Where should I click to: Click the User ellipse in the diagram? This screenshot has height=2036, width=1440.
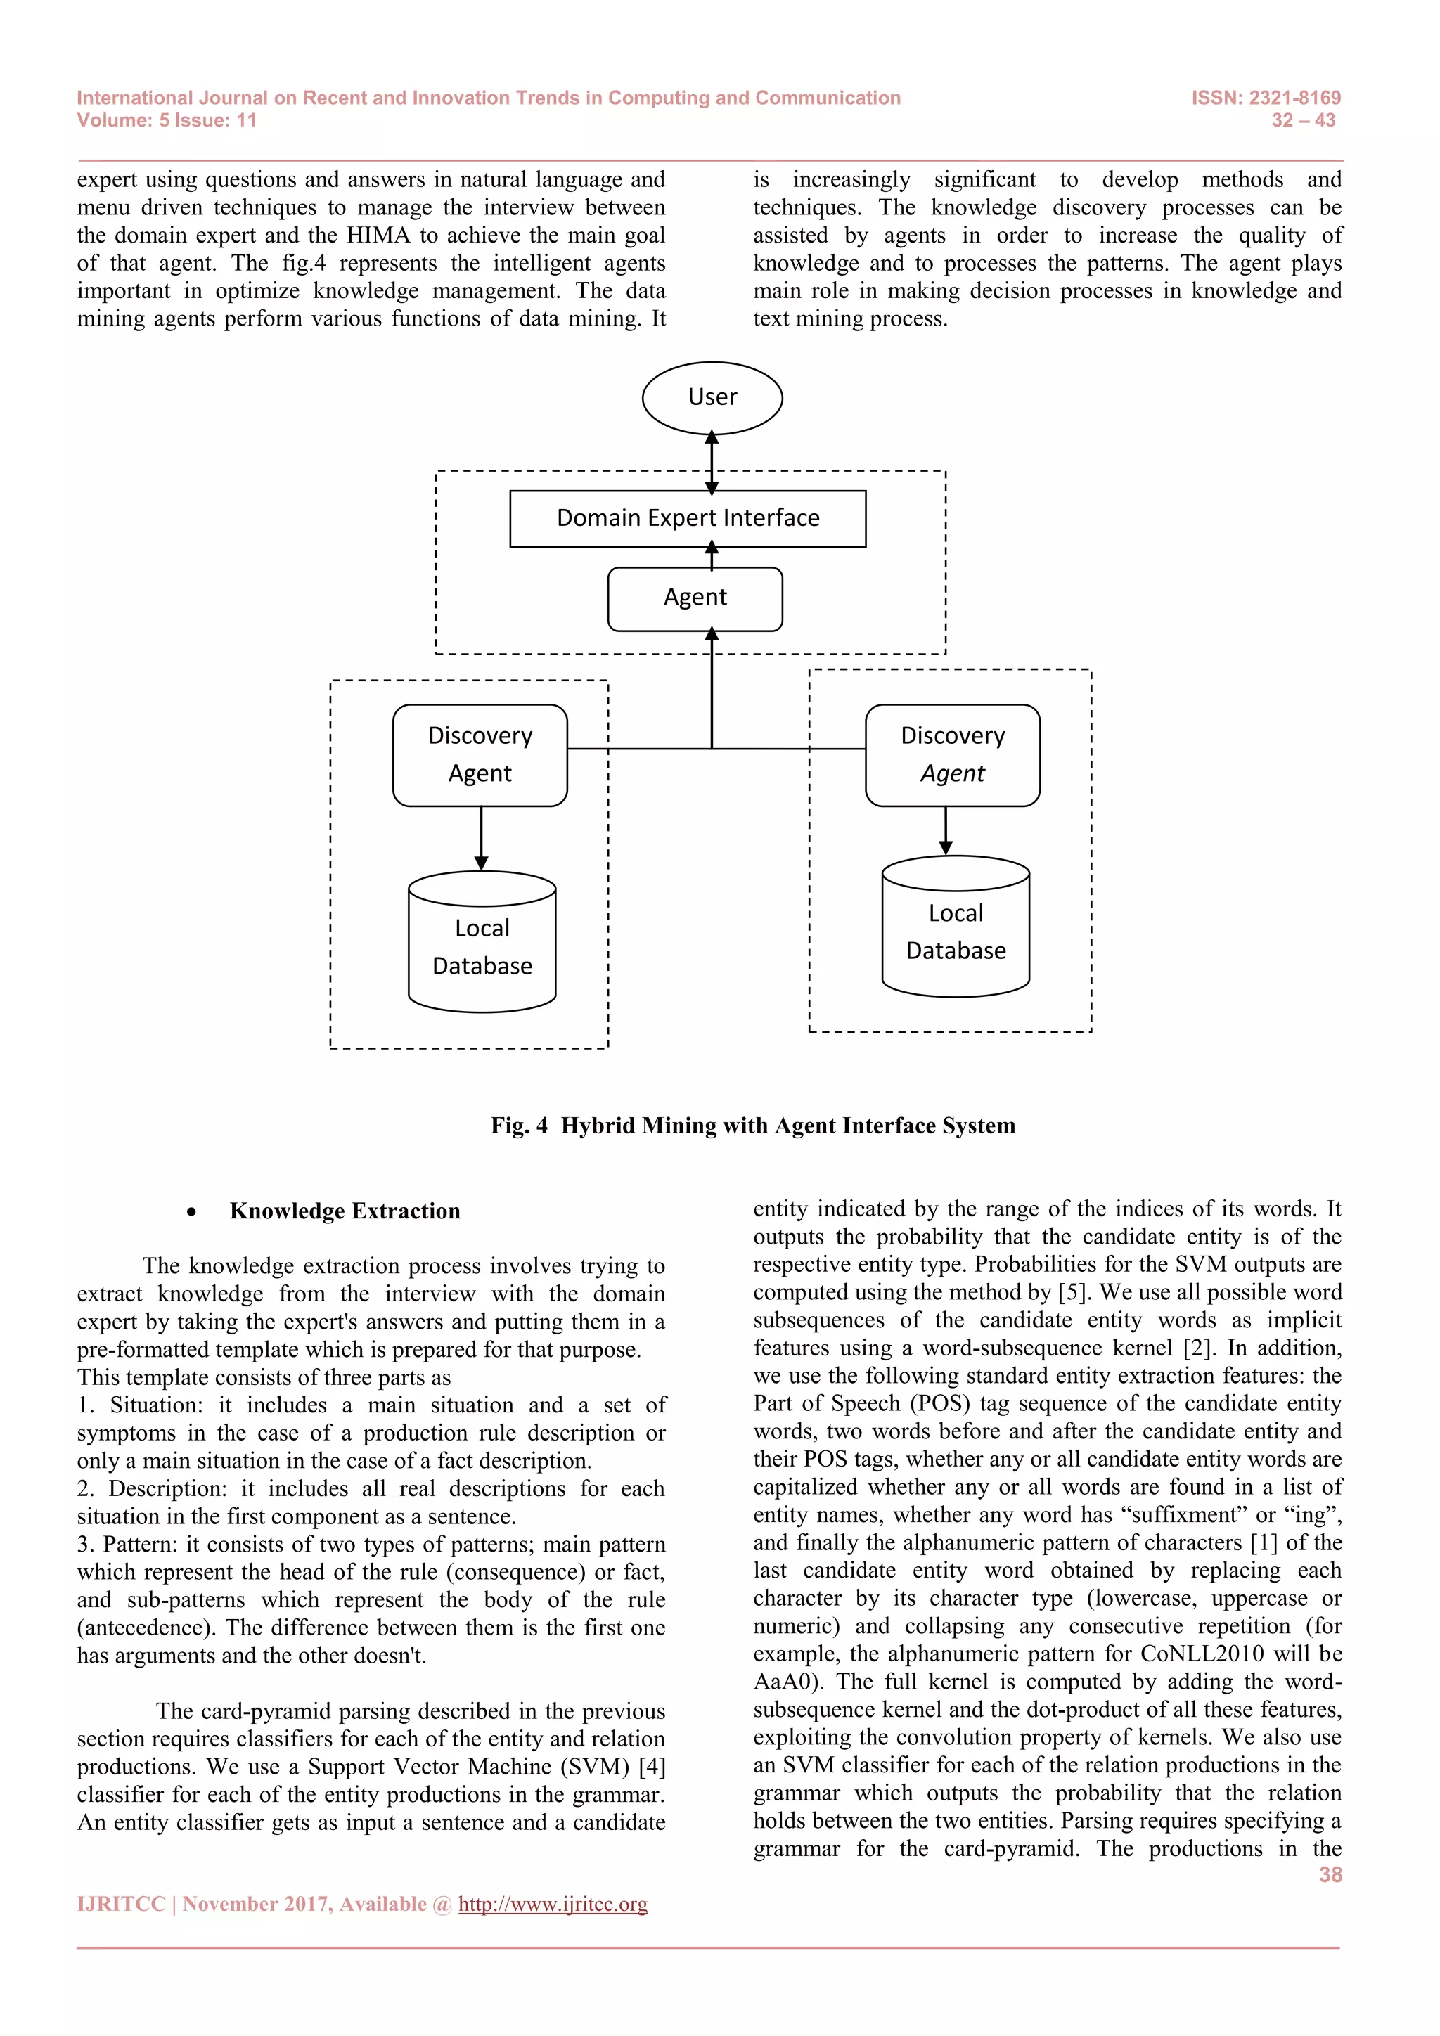tap(712, 397)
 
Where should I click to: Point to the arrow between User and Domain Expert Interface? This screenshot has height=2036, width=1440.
tap(711, 462)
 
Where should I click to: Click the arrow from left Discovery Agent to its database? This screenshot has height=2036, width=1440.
tap(481, 838)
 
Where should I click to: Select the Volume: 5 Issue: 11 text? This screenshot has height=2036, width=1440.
tap(167, 121)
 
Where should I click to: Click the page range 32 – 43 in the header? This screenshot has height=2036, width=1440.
tap(1303, 121)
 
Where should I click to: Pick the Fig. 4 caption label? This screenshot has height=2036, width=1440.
tap(519, 1126)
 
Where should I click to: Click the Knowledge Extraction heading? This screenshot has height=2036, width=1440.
tap(345, 1211)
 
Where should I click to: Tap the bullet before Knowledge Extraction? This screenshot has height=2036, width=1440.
tap(191, 1212)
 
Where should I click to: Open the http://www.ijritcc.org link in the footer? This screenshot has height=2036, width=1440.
tap(553, 1904)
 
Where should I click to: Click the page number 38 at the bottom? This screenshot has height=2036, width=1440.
tap(1330, 1874)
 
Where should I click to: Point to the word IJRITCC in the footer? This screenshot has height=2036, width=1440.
tap(122, 1904)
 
